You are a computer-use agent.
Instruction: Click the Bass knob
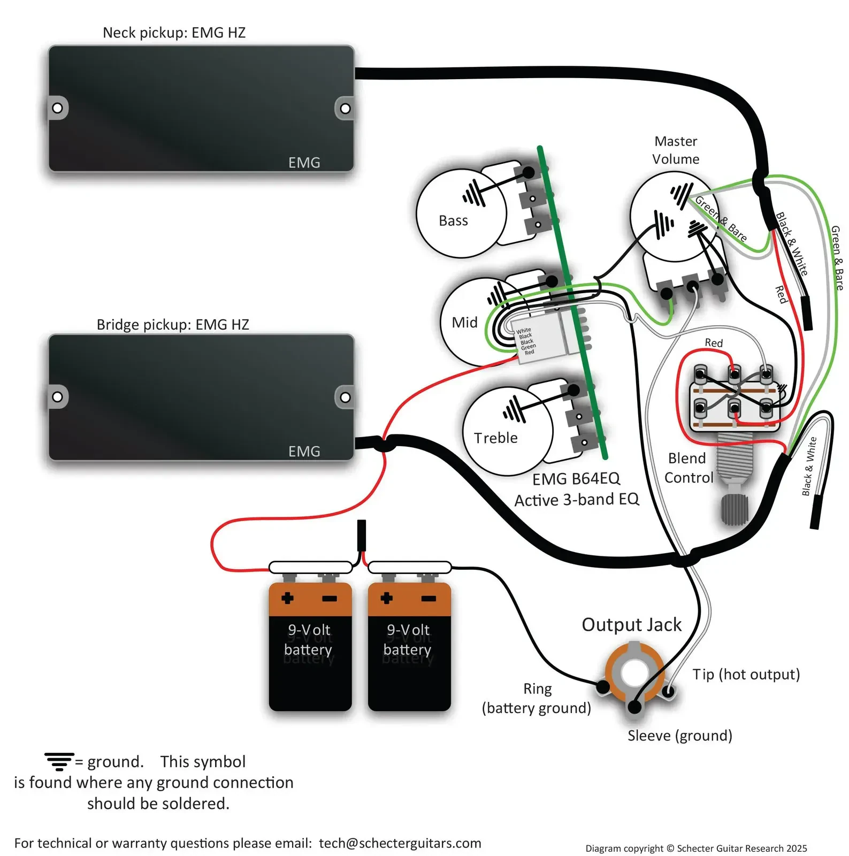tap(461, 213)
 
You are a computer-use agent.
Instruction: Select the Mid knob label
tap(464, 323)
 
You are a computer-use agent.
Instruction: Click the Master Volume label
tap(676, 150)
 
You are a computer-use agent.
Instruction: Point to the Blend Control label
tap(689, 468)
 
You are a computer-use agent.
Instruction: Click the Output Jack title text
tap(631, 625)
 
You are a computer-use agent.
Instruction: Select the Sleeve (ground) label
tap(679, 736)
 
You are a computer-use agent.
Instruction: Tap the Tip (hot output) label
tap(746, 674)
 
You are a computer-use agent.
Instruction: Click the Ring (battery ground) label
tap(537, 698)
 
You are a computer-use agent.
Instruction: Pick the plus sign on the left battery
tap(287, 598)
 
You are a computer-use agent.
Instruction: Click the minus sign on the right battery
tap(429, 599)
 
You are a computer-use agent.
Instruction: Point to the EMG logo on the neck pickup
tap(304, 163)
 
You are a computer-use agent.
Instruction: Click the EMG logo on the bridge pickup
tap(304, 452)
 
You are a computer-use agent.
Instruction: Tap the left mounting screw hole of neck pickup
tap(57, 108)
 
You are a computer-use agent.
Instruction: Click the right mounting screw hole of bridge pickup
tap(346, 398)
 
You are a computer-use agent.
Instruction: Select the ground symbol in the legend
tap(59, 761)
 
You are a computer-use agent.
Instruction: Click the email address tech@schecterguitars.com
tap(400, 843)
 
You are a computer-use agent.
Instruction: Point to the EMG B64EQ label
tap(576, 478)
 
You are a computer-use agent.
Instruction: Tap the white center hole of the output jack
tap(634, 672)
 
